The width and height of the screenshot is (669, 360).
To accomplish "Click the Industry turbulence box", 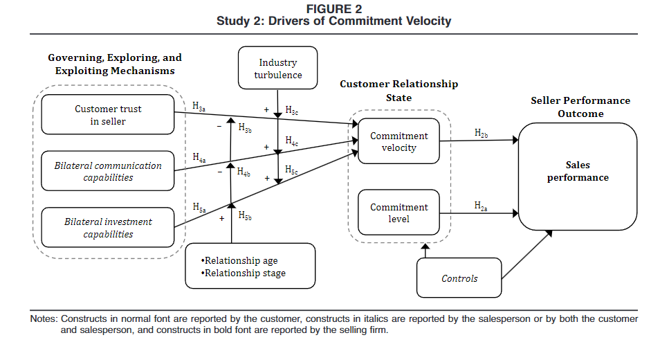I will [277, 69].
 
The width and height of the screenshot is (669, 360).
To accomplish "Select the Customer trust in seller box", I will [108, 115].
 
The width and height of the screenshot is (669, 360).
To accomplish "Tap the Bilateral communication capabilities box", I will [108, 171].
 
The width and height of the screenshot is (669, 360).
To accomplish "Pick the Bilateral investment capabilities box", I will [108, 228].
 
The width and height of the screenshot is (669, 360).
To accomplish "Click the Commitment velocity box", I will [398, 142].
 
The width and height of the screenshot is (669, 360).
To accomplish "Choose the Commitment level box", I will [398, 213].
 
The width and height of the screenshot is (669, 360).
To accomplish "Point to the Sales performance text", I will [578, 172].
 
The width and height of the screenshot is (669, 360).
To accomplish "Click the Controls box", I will [459, 278].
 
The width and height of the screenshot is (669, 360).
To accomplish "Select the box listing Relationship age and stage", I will [250, 267].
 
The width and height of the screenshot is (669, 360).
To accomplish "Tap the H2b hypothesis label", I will [482, 132].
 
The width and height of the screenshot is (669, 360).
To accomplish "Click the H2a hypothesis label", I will [482, 206].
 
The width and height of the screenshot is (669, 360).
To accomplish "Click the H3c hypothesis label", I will [292, 111].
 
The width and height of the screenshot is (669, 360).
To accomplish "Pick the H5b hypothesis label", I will [245, 217].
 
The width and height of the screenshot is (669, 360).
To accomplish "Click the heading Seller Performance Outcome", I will [580, 107].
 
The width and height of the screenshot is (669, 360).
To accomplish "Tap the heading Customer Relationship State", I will [398, 91].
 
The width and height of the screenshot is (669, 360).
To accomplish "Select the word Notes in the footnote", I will [44, 319].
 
